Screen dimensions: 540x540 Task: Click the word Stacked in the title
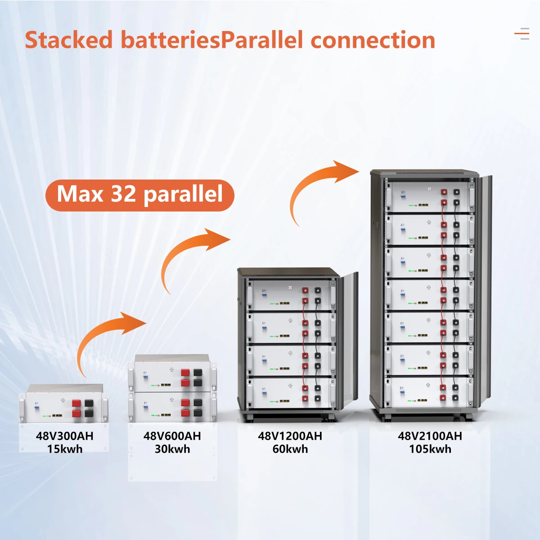(x=68, y=40)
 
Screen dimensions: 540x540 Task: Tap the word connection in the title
(x=373, y=40)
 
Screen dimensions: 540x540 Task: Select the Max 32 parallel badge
(x=139, y=195)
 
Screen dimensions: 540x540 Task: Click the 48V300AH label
(x=64, y=436)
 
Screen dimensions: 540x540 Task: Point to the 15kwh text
(x=64, y=449)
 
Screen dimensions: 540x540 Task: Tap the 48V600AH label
(x=172, y=436)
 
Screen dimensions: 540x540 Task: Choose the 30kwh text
(x=172, y=449)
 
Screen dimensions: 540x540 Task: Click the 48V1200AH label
(x=290, y=436)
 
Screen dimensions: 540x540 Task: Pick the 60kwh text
(x=290, y=449)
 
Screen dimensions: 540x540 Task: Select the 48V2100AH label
(x=430, y=436)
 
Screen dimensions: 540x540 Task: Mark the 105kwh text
(x=430, y=449)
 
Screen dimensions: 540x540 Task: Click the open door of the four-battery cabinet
(x=349, y=342)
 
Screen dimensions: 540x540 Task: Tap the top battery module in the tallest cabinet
(x=430, y=197)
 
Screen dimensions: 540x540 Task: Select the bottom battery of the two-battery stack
(x=173, y=407)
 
